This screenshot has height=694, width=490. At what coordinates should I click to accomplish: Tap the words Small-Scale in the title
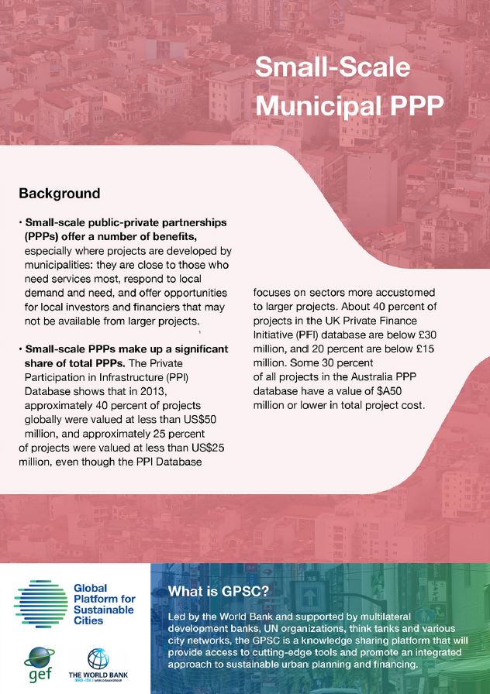332,67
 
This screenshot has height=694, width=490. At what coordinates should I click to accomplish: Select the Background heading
59,193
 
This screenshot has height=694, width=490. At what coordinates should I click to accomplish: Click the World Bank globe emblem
98,658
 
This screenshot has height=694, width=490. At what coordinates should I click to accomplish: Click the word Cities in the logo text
88,620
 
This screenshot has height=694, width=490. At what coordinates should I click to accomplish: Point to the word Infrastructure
118,376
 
